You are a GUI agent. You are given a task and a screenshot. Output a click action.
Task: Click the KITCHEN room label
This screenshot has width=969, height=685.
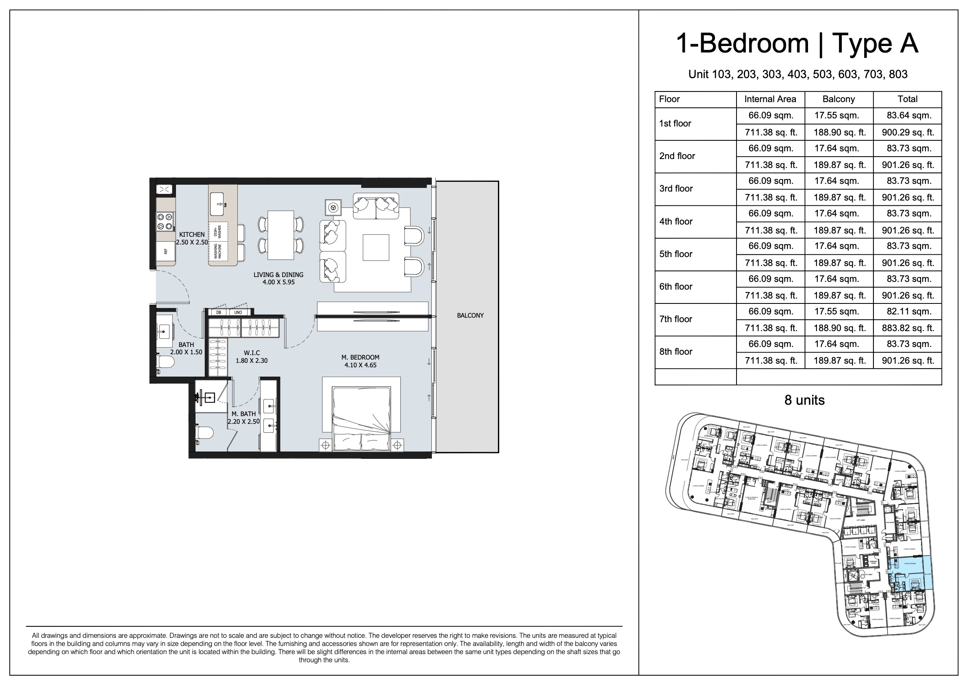[191, 234]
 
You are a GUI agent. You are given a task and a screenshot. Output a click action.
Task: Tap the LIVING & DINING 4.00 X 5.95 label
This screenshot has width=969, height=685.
[278, 278]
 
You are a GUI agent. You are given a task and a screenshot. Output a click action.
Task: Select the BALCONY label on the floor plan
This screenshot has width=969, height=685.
[470, 316]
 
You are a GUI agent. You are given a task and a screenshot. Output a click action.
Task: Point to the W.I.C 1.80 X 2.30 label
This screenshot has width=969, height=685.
[252, 357]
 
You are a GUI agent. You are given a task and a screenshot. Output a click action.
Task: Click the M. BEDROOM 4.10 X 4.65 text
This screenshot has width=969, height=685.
[360, 361]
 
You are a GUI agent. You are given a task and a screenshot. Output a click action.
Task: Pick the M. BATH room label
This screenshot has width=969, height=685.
[243, 414]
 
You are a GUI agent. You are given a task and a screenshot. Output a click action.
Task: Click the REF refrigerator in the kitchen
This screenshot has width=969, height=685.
[165, 251]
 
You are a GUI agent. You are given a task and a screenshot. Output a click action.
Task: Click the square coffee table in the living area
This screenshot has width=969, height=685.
[376, 247]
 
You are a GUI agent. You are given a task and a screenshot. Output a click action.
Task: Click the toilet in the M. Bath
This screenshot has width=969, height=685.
[205, 433]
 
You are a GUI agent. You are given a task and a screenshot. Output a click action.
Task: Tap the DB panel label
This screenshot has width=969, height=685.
[219, 312]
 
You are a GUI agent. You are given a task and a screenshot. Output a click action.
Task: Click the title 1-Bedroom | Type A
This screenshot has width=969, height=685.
[797, 43]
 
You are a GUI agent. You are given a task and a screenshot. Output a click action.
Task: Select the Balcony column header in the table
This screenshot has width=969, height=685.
[839, 99]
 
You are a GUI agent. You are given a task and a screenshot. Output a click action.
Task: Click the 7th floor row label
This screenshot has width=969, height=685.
[676, 319]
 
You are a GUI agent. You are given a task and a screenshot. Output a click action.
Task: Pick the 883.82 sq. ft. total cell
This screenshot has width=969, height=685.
[908, 328]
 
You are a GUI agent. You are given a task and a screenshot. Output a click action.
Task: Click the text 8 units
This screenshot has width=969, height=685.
[804, 400]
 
